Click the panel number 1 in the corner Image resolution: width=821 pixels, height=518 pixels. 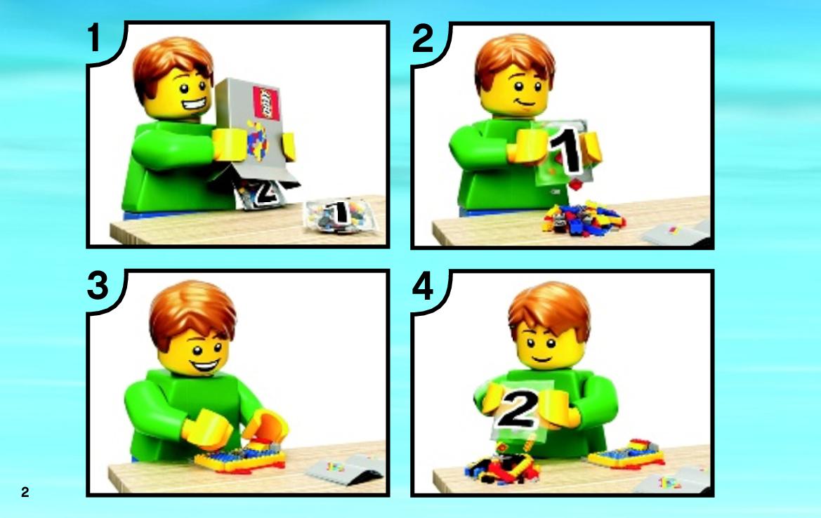[x=94, y=38]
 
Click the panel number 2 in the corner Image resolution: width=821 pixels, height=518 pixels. [x=423, y=38]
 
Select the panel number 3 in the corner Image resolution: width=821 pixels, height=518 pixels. [x=98, y=286]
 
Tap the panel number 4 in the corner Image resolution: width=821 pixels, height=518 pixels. [x=423, y=287]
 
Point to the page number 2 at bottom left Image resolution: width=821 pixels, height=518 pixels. [x=25, y=492]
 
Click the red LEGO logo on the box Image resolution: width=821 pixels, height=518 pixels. [x=266, y=103]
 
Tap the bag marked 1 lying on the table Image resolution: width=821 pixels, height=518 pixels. [x=341, y=215]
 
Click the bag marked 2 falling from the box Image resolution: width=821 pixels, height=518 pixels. [x=261, y=194]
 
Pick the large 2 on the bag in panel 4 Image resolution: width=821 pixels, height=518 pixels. [x=518, y=409]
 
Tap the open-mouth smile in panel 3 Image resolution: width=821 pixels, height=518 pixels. [x=205, y=364]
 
